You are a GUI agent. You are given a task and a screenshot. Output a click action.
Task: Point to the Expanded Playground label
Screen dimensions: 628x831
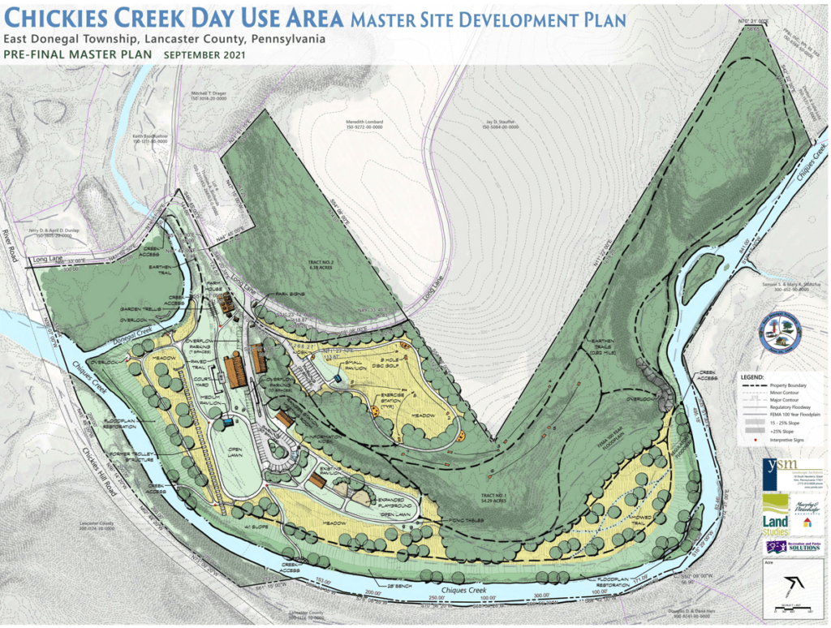(394, 505)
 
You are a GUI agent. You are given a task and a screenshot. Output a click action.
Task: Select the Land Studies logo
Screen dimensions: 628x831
(775, 524)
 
